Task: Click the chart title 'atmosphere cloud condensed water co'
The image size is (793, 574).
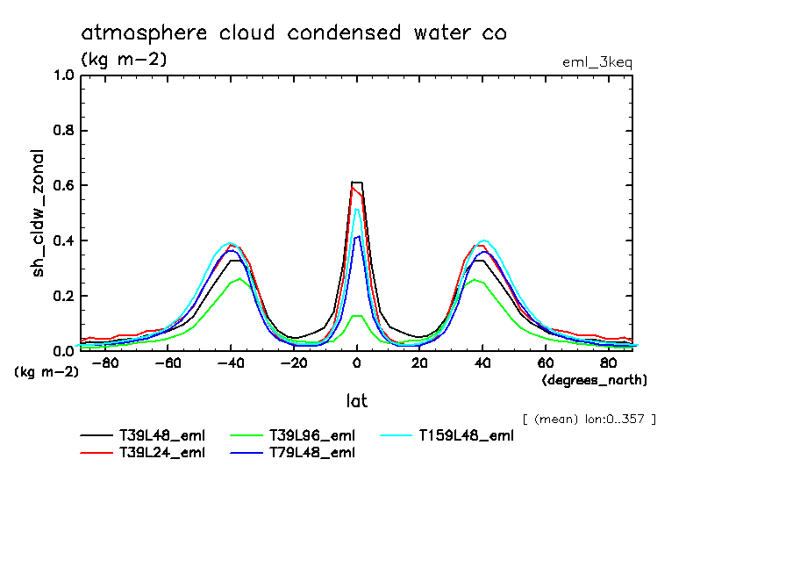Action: pos(294,33)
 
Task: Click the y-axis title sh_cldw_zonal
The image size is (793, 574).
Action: pos(39,212)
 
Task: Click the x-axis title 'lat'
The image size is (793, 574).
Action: pos(356,401)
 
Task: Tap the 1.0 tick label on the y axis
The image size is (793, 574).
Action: pos(63,75)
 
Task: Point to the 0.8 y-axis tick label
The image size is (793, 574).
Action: pos(63,131)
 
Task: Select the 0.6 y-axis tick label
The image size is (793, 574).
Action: pos(63,186)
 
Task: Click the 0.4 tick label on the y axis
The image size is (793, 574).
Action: pos(63,241)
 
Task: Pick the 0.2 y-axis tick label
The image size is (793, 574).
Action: pos(63,297)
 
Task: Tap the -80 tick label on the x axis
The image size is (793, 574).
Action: pos(104,363)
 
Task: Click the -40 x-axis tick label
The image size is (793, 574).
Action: pos(229,363)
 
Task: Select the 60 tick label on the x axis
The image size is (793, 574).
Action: pos(545,363)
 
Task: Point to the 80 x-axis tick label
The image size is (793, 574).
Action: pos(608,363)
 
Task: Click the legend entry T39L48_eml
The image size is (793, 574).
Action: pos(162,434)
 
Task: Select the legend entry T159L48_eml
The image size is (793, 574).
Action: pos(465,434)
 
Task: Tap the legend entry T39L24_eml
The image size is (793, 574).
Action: pos(162,453)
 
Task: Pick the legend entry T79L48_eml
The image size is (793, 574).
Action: pos(311,453)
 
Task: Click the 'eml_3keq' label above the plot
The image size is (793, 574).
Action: pos(597,62)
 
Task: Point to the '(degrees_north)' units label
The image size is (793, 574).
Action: pos(595,380)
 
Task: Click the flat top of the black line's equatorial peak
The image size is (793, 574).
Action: pos(357,183)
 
